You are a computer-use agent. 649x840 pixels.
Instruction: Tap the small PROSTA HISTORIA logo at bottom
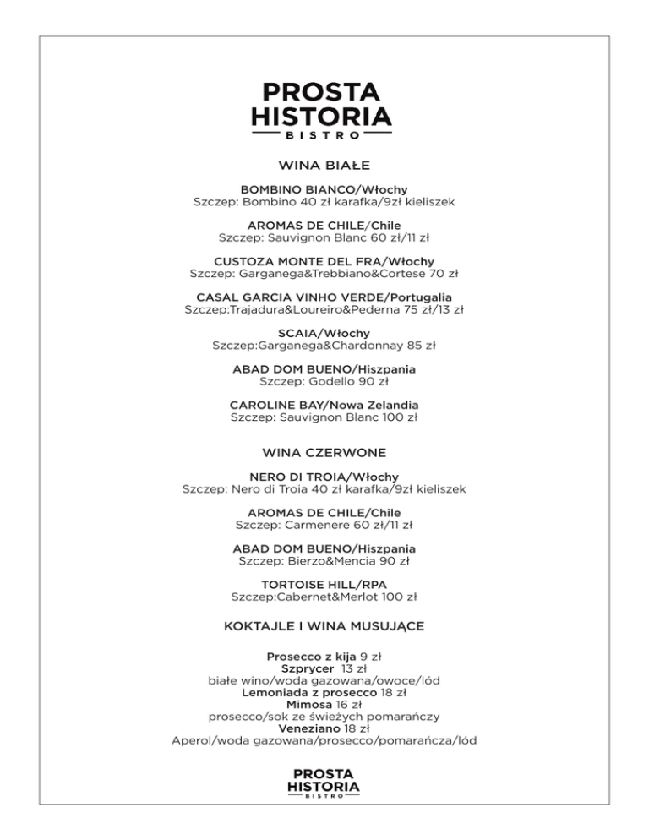point(324,783)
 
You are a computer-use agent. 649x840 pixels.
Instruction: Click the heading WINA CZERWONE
point(324,453)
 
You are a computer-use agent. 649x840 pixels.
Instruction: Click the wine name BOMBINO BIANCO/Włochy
point(324,190)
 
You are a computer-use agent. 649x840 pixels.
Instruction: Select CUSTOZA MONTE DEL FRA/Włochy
point(324,262)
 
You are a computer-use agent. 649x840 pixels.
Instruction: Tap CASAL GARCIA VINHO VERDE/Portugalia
point(324,297)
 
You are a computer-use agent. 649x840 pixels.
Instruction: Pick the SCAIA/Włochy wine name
point(324,333)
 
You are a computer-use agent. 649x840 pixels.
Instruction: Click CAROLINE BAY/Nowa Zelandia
point(324,405)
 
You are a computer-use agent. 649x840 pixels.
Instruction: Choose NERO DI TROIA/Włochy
point(324,477)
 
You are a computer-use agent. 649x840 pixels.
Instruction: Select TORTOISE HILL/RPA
point(324,584)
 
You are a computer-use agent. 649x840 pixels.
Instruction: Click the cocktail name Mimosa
point(308,704)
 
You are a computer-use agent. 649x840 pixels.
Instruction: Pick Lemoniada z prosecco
point(308,692)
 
